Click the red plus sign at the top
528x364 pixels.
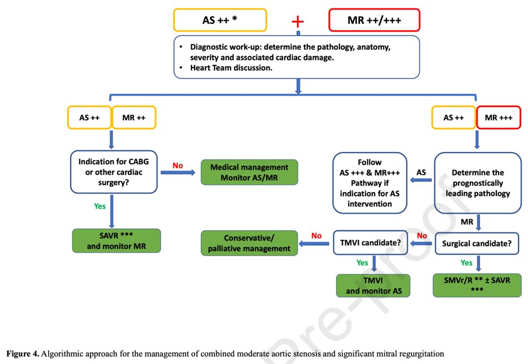point(298,21)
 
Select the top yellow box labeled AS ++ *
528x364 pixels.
point(220,20)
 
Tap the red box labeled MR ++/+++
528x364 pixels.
point(374,20)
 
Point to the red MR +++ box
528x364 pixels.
point(499,118)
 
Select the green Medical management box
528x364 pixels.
point(249,172)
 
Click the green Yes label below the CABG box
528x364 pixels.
point(100,206)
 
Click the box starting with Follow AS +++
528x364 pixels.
point(370,183)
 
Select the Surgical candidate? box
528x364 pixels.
point(478,244)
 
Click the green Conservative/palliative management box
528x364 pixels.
point(249,243)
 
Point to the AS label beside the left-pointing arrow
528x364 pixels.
point(421,171)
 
